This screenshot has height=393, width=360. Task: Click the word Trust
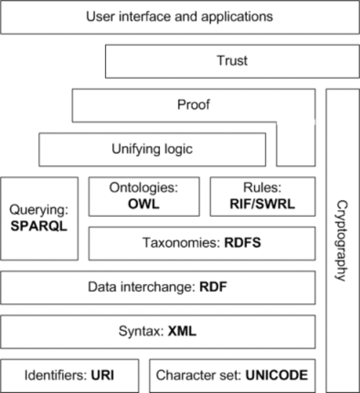[232, 60]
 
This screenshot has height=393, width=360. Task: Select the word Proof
[194, 104]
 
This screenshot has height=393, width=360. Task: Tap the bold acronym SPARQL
[39, 226]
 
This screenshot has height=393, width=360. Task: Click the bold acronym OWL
[144, 204]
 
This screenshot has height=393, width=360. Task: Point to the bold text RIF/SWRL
[262, 204]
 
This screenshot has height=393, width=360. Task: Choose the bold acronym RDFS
[243, 243]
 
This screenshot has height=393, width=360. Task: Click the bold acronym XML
[182, 331]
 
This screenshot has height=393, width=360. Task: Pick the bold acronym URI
[102, 375]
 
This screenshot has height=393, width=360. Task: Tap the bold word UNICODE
[276, 375]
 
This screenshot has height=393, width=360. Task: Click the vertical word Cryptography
[341, 240]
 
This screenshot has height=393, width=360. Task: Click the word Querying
[39, 210]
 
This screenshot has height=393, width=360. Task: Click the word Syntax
[141, 332]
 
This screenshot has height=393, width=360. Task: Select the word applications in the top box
[237, 17]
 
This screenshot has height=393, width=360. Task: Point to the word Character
[183, 375]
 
